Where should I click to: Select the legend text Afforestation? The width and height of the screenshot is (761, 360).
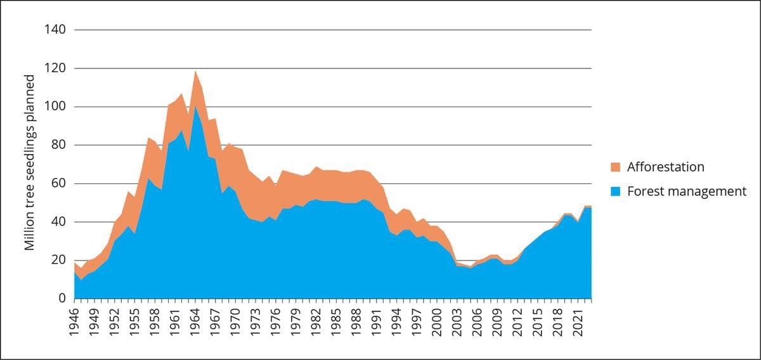coord(665,167)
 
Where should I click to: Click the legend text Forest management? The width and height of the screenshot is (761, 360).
coord(686,191)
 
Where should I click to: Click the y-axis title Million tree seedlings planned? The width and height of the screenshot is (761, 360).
coord(30,162)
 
